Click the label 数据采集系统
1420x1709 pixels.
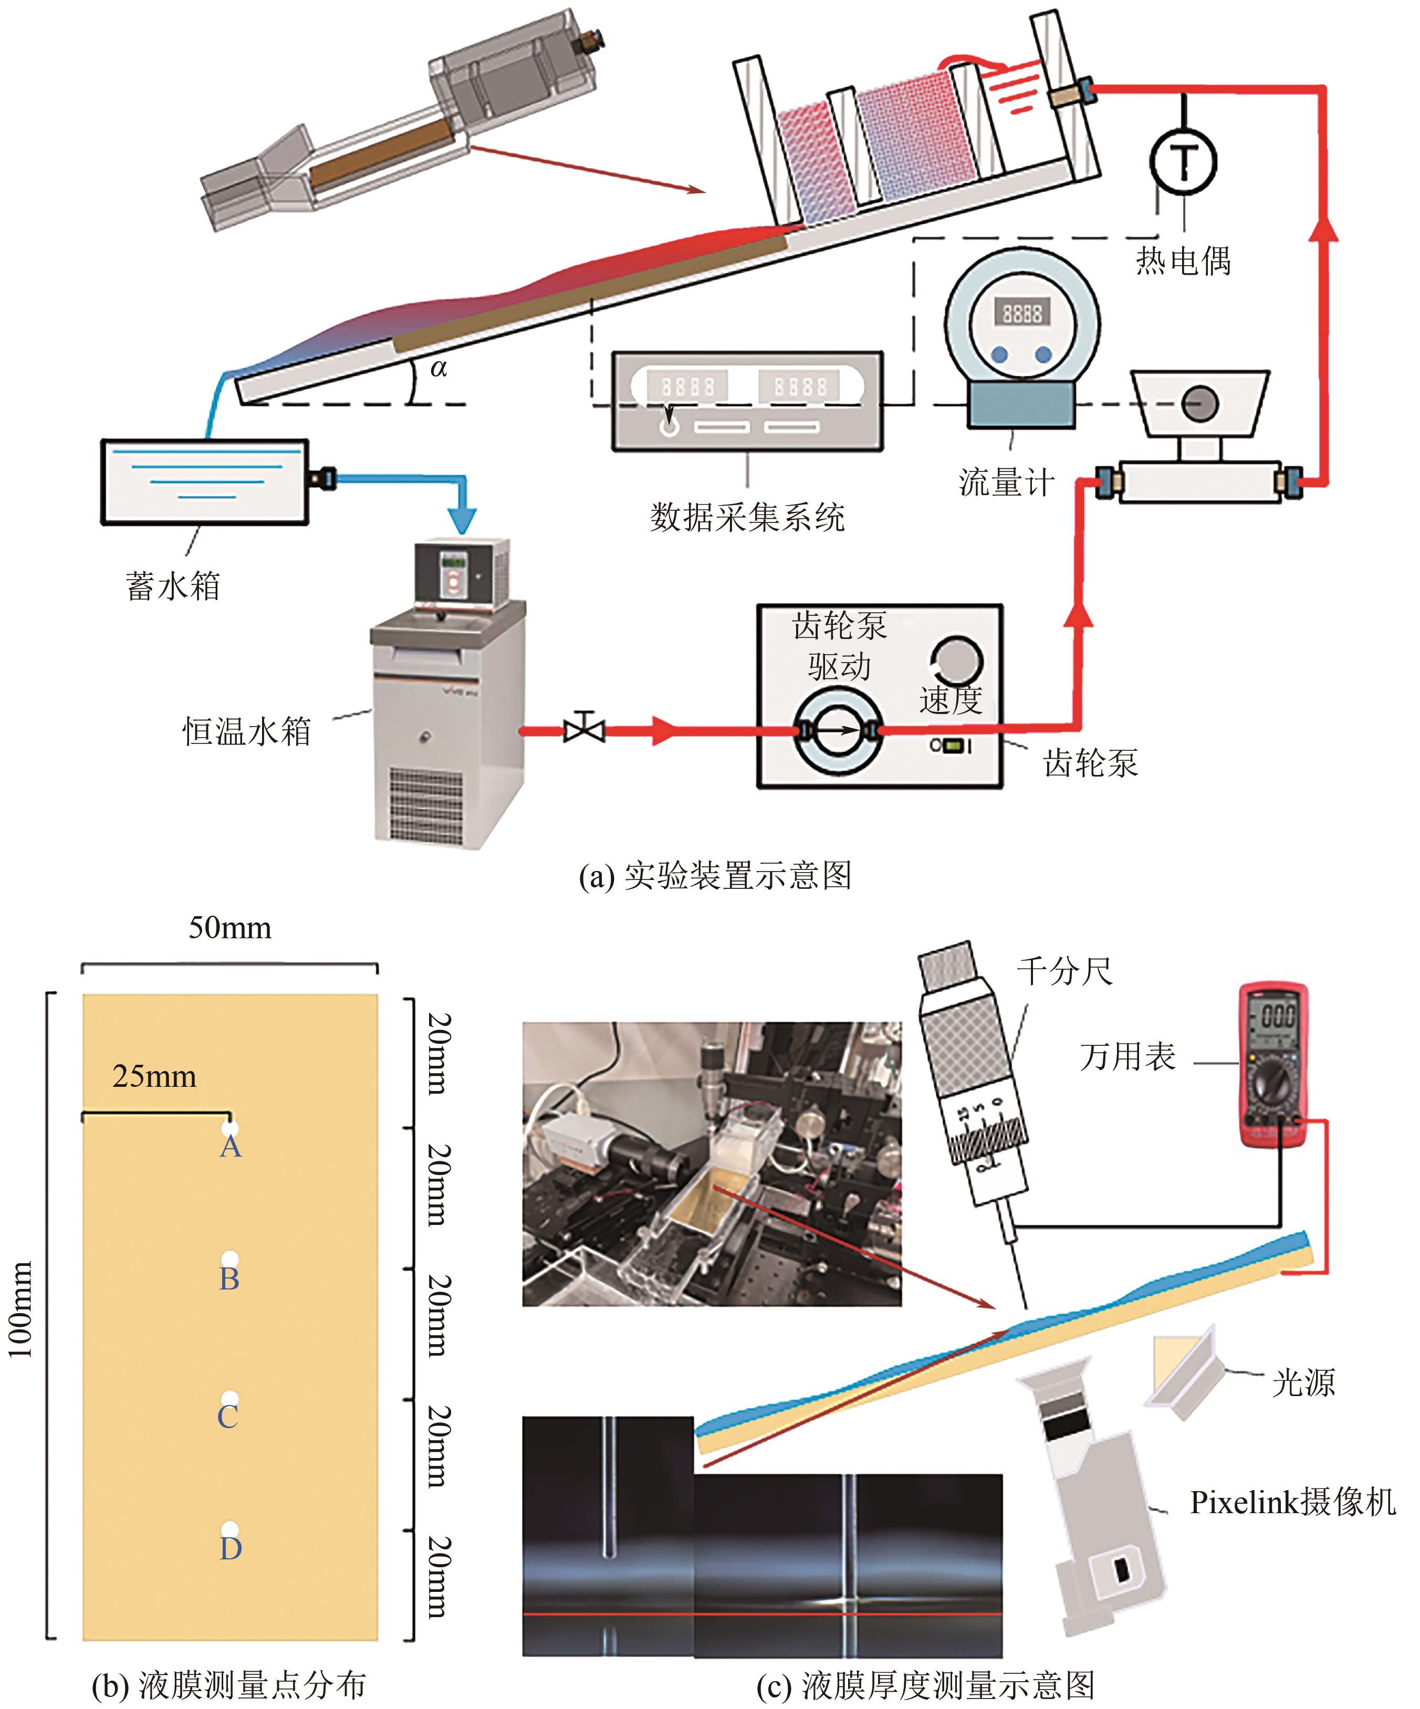point(747,518)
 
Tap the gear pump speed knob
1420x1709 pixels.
point(956,660)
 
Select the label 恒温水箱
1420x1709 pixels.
point(247,731)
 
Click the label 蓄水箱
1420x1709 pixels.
point(173,586)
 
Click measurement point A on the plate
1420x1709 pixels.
point(231,1128)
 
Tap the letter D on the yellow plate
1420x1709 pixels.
point(231,1547)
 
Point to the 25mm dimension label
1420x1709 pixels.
point(154,1077)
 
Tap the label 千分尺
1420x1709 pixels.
point(1063,971)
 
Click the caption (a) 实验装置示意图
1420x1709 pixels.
point(715,876)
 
